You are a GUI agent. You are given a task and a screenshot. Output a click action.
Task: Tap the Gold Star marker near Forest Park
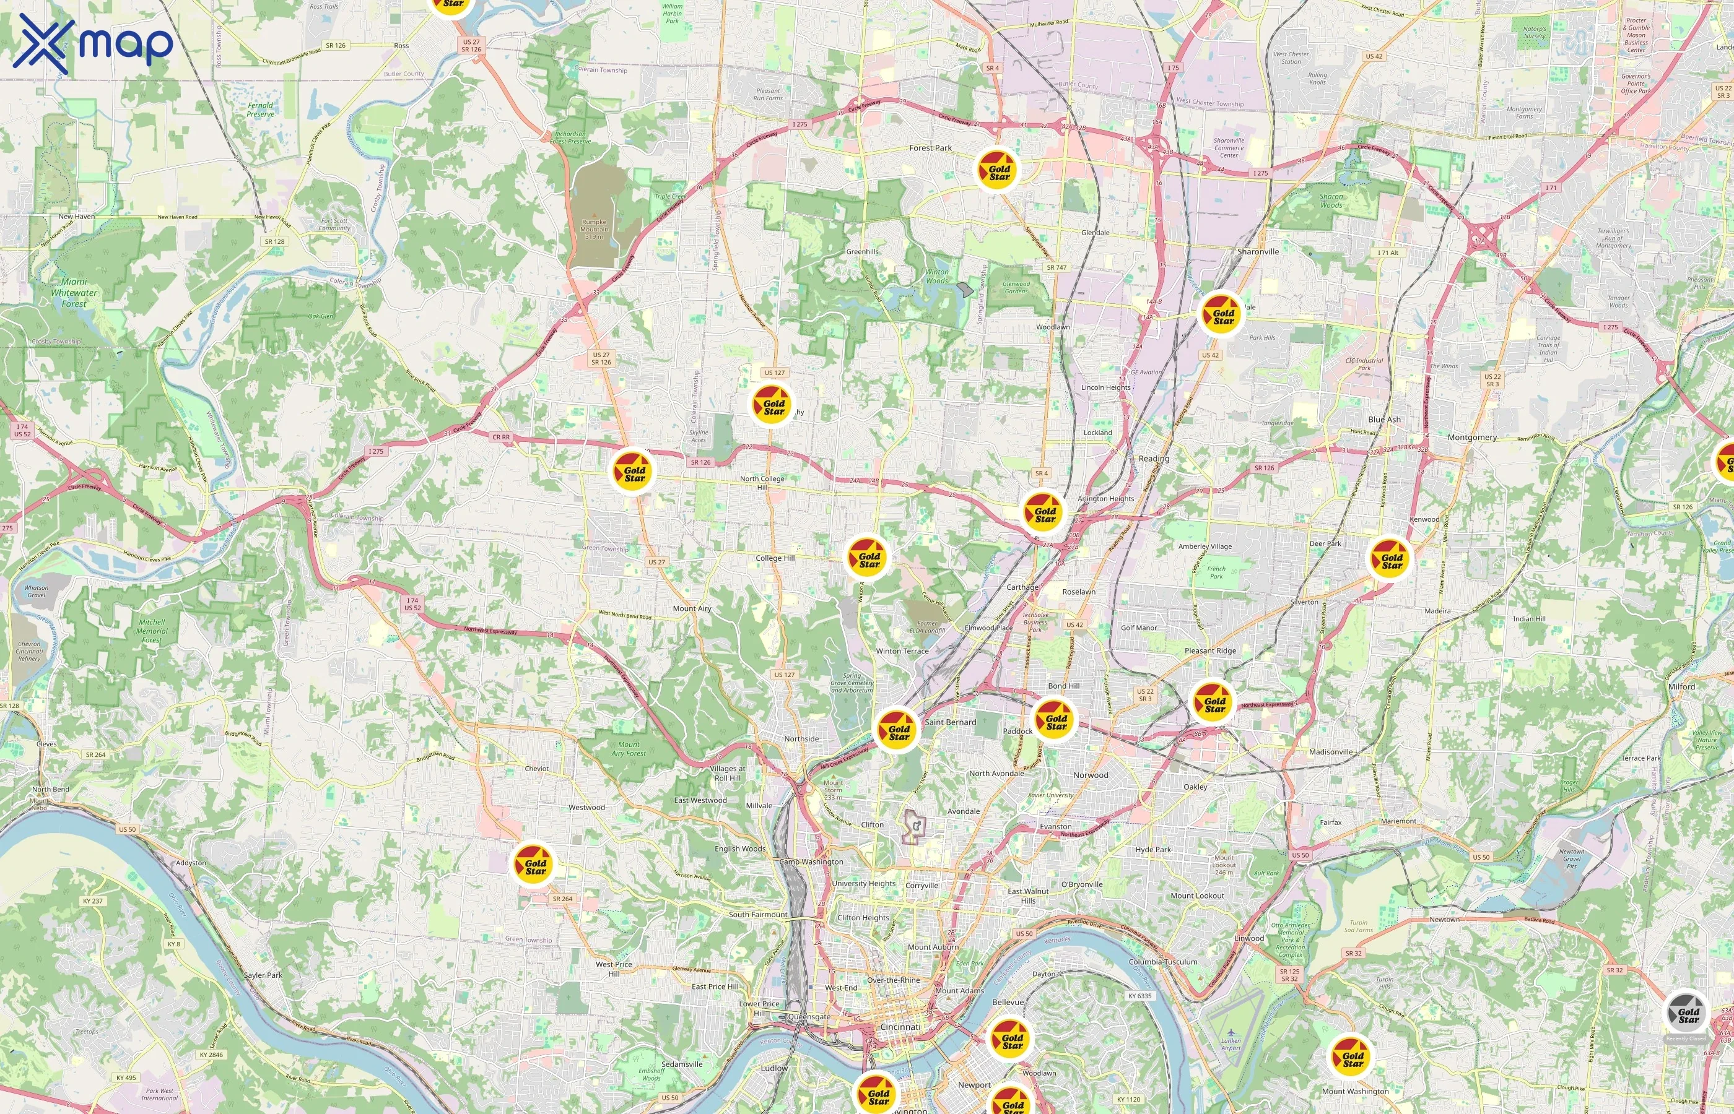(x=999, y=170)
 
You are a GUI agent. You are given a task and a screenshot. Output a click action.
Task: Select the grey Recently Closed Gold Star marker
(x=1687, y=1014)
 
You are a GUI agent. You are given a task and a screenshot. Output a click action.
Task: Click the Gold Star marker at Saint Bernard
(x=898, y=730)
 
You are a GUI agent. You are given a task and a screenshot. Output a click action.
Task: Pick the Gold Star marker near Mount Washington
(x=1352, y=1057)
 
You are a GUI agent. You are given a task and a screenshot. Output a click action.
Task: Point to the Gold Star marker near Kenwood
(x=1391, y=558)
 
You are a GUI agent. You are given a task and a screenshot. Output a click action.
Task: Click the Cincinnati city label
(x=900, y=1027)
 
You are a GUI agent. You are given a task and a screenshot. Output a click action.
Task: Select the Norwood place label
(x=1090, y=775)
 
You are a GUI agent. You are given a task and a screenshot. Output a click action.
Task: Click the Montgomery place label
(x=1472, y=438)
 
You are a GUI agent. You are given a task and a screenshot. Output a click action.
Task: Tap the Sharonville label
(x=1258, y=252)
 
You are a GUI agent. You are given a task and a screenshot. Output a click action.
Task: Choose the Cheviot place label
(x=536, y=768)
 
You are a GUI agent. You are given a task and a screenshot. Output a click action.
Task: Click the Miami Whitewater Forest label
(x=74, y=293)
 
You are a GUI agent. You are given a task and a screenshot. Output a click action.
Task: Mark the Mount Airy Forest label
(x=628, y=749)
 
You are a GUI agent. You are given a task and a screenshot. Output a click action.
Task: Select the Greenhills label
(x=862, y=252)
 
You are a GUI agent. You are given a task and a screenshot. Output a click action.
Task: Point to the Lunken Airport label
(x=1231, y=1044)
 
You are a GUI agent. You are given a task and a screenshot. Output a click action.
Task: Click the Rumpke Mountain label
(x=593, y=228)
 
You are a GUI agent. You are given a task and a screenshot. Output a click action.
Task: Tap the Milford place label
(x=1681, y=686)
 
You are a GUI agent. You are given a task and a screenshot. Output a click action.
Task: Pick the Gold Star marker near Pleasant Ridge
(x=1214, y=702)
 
